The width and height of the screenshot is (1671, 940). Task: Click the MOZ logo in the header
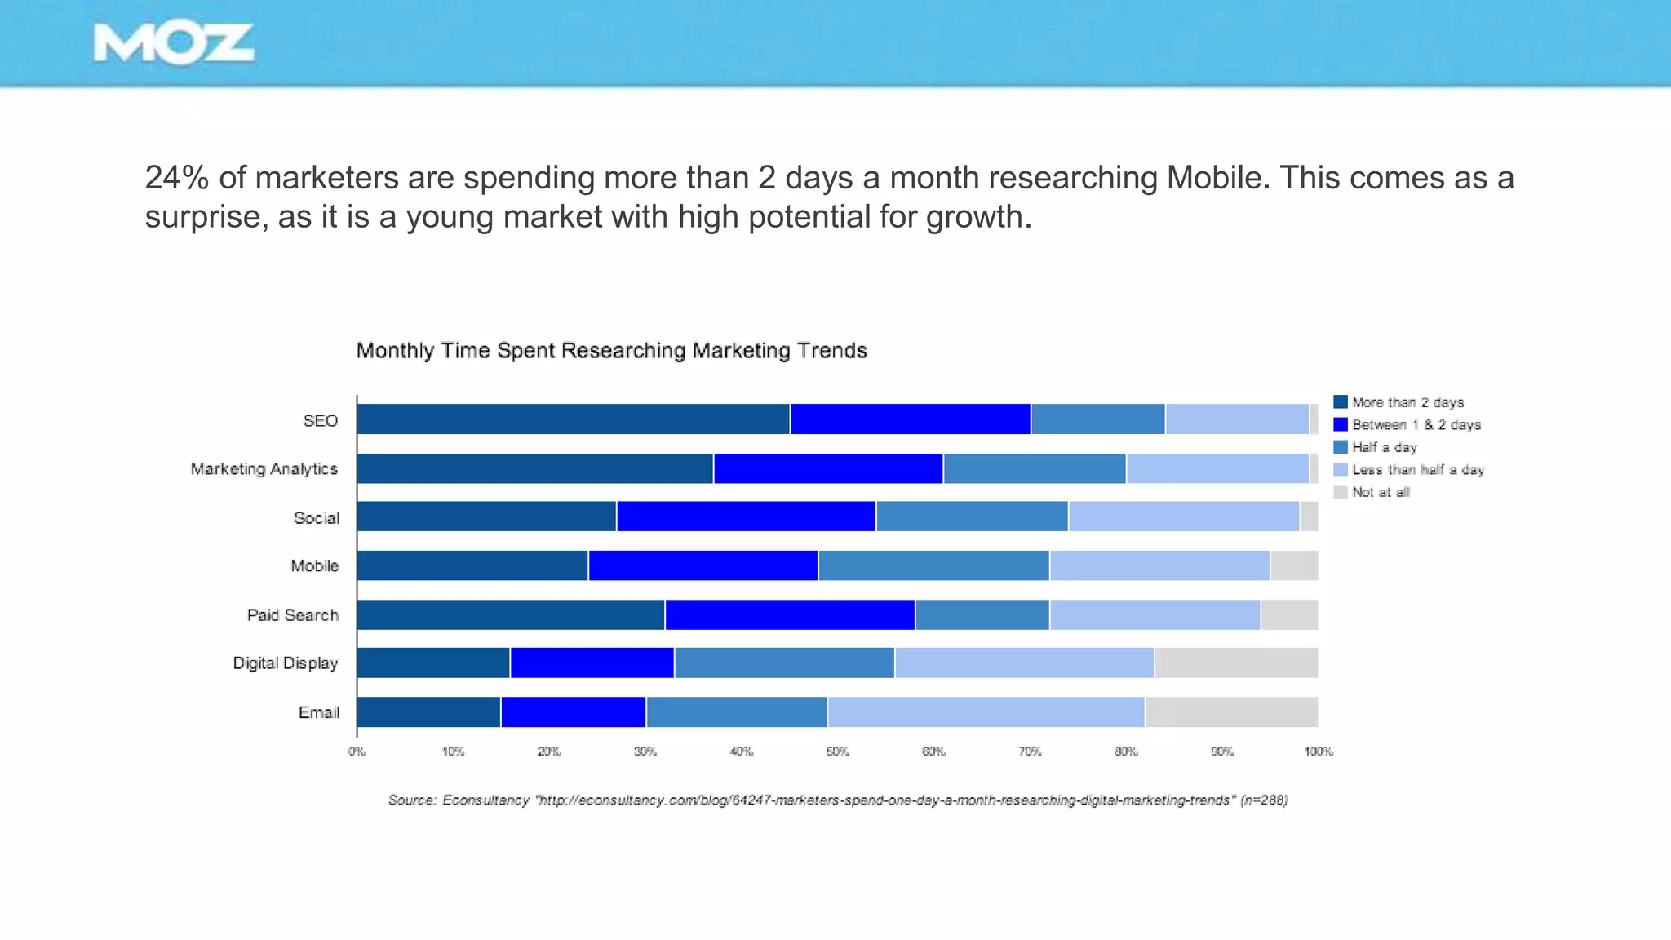pyautogui.click(x=174, y=43)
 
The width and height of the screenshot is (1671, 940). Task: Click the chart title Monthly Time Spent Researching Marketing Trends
pyautogui.click(x=611, y=351)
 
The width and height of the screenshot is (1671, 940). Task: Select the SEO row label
pyautogui.click(x=320, y=420)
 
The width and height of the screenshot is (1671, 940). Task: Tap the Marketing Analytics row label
pyautogui.click(x=264, y=469)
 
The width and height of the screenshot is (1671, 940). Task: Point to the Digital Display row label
pyautogui.click(x=285, y=663)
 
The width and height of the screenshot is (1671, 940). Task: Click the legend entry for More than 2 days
pyautogui.click(x=1407, y=402)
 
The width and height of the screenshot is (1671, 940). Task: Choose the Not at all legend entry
pyautogui.click(x=1380, y=492)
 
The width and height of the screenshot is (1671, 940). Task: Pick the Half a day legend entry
pyautogui.click(x=1384, y=447)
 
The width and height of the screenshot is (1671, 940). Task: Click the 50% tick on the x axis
pyautogui.click(x=837, y=752)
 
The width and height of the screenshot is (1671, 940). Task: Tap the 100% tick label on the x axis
pyautogui.click(x=1318, y=752)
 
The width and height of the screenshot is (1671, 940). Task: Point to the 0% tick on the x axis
pyautogui.click(x=357, y=752)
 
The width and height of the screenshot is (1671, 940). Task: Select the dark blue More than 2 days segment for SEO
pyautogui.click(x=573, y=419)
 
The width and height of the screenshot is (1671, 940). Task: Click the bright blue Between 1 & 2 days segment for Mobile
pyautogui.click(x=703, y=565)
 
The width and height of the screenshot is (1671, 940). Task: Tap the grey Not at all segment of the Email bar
pyautogui.click(x=1230, y=712)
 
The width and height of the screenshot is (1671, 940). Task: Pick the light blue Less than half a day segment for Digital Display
pyautogui.click(x=1024, y=663)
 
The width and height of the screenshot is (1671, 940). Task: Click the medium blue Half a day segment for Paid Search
pyautogui.click(x=982, y=614)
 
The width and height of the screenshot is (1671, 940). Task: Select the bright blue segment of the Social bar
pyautogui.click(x=746, y=517)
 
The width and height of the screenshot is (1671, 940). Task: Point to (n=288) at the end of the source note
pyautogui.click(x=1263, y=800)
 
